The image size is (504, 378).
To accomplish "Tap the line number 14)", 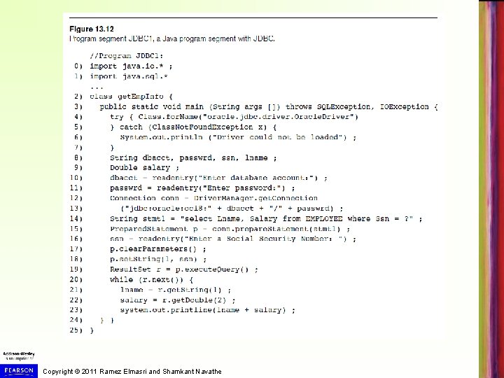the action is click(x=76, y=218).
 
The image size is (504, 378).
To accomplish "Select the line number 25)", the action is click(x=76, y=330).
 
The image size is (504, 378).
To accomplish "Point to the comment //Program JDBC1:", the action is click(x=126, y=55).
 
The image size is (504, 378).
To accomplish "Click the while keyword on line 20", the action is click(x=122, y=279).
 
